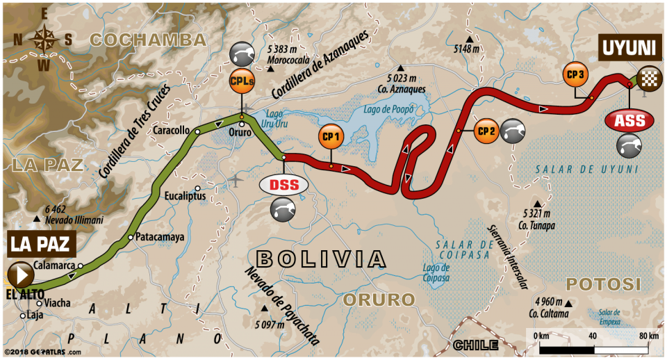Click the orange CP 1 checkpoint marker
click(330, 137)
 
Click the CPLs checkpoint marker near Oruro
click(242, 83)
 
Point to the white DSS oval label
click(283, 184)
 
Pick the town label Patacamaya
click(160, 237)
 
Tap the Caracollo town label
click(173, 131)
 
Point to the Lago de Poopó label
click(388, 110)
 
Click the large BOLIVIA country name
click(320, 259)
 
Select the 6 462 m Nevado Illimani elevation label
click(73, 213)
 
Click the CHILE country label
click(476, 345)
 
